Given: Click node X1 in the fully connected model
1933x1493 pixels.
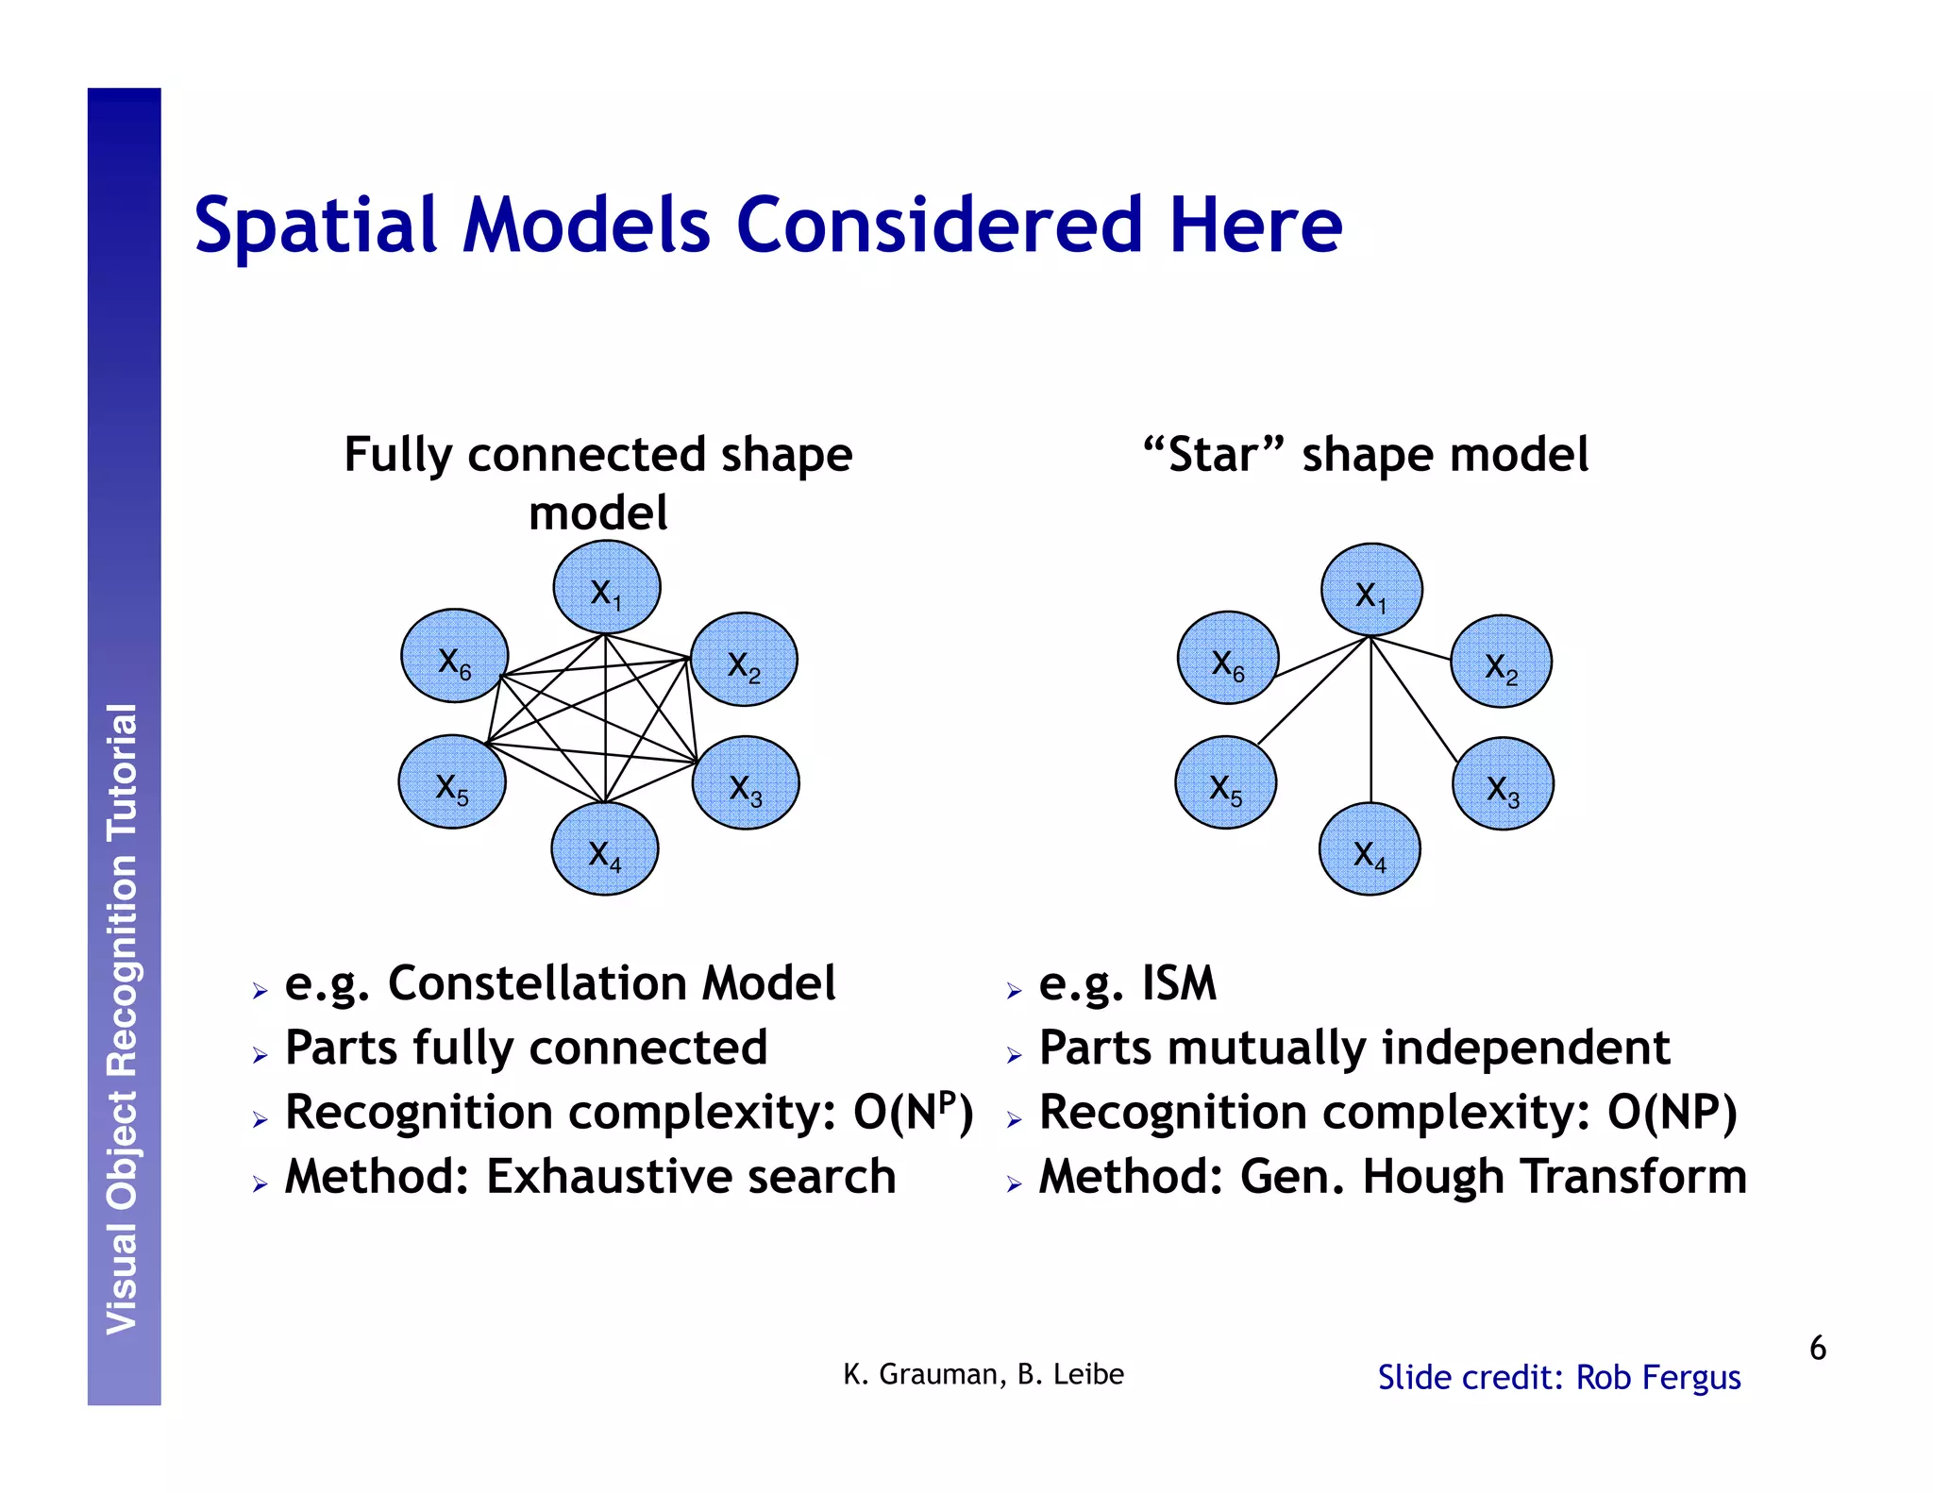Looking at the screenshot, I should point(606,588).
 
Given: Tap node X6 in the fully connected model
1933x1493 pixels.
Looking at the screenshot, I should point(455,656).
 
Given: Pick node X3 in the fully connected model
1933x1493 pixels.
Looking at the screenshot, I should point(746,783).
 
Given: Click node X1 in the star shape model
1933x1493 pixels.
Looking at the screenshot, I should point(1370,590).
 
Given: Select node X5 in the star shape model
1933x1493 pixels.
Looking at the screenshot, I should point(1225,783).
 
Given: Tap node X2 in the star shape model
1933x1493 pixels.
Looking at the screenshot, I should point(1501,662).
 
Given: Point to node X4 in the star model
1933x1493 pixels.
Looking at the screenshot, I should point(1369,849).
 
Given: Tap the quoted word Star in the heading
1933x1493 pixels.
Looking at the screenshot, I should point(1214,455).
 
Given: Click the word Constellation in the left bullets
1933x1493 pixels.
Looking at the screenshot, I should point(538,983).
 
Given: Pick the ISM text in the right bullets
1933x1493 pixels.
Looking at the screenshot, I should point(1179,983).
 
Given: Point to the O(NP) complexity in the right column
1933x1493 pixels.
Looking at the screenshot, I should point(1672,1113).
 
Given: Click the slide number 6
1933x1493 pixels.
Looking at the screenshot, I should point(1817,1348).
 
